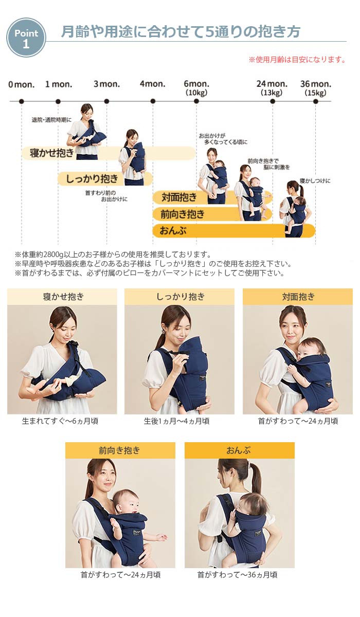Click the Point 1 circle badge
click(26, 38)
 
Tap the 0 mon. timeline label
click(22, 84)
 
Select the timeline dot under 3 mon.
click(106, 101)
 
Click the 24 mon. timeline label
click(272, 84)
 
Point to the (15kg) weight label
click(316, 93)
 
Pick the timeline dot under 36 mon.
click(316, 101)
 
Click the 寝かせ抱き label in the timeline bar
click(52, 153)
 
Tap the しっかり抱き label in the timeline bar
click(92, 179)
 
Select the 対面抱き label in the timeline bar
click(179, 197)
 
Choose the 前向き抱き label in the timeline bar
click(183, 214)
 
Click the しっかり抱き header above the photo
click(181, 297)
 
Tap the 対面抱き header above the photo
click(298, 297)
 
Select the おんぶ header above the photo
click(239, 450)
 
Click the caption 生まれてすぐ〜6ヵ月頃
click(60, 421)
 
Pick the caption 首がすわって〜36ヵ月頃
click(237, 575)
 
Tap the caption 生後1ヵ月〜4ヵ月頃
click(176, 421)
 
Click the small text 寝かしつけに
click(315, 181)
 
